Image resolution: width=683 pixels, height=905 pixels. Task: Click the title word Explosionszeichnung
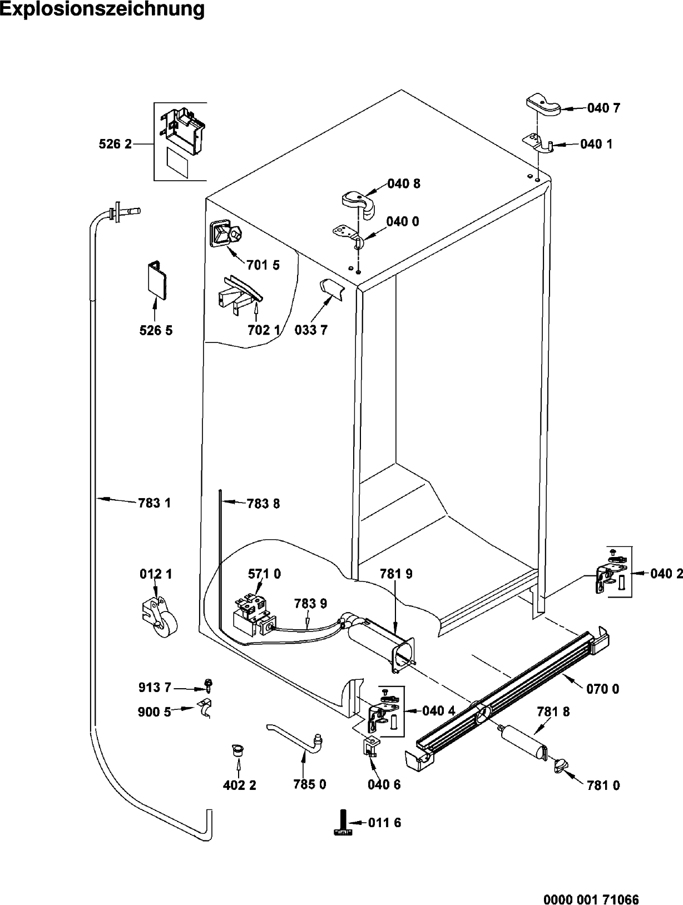pos(102,9)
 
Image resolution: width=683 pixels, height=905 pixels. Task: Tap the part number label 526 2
pos(115,145)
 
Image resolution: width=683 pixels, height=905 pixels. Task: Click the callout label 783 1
pos(154,503)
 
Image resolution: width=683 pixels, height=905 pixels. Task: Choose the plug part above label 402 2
pos(237,750)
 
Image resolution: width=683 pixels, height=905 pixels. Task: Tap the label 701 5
pos(263,265)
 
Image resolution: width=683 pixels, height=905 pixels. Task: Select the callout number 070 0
pos(603,689)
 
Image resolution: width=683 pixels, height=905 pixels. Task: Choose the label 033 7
pos(311,330)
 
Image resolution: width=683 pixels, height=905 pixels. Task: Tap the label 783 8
pos(263,504)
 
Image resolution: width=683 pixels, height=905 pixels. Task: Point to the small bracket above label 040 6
pos(371,746)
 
